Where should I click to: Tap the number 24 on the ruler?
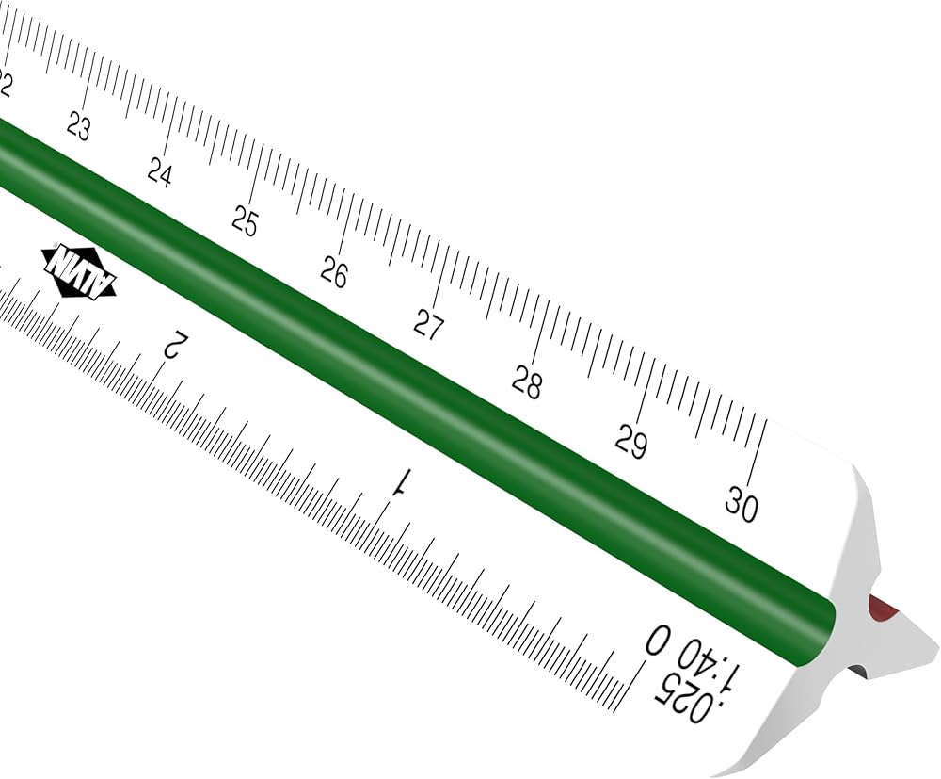pos(160,173)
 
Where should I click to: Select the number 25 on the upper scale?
pos(245,221)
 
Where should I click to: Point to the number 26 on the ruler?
pos(334,272)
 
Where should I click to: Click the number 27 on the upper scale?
pos(428,326)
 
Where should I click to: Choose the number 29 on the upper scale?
pos(631,442)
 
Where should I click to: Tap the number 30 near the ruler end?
pos(742,504)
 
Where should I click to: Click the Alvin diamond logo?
pos(79,271)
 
